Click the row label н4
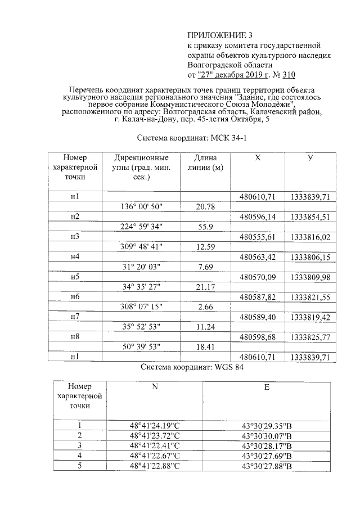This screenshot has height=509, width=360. pyautogui.click(x=75, y=257)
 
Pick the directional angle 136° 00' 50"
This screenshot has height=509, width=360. pyautogui.click(x=141, y=206)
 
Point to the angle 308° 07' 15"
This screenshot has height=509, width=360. pyautogui.click(x=141, y=307)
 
